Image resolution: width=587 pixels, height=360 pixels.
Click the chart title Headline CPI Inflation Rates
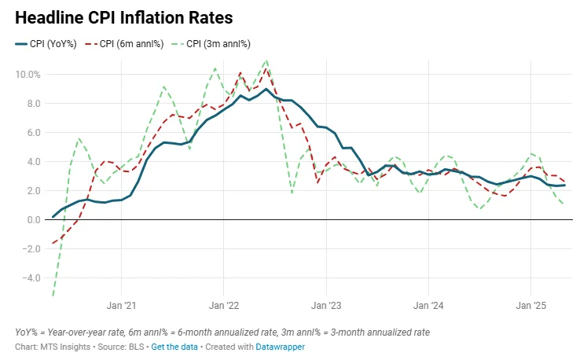[123, 17]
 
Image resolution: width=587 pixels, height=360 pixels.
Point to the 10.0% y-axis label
[28, 75]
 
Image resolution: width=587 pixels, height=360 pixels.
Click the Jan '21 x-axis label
[121, 305]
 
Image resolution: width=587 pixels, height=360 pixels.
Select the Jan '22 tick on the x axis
[223, 305]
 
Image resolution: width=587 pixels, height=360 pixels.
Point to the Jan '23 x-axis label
[325, 305]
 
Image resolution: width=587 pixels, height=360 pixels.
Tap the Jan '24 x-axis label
[428, 305]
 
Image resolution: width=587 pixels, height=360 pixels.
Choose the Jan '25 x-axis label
[530, 305]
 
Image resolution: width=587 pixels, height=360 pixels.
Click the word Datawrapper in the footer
[281, 347]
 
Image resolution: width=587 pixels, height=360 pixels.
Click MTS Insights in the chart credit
[65, 347]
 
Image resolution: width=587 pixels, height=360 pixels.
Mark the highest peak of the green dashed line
[266, 60]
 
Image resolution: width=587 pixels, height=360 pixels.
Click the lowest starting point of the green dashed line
[53, 296]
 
